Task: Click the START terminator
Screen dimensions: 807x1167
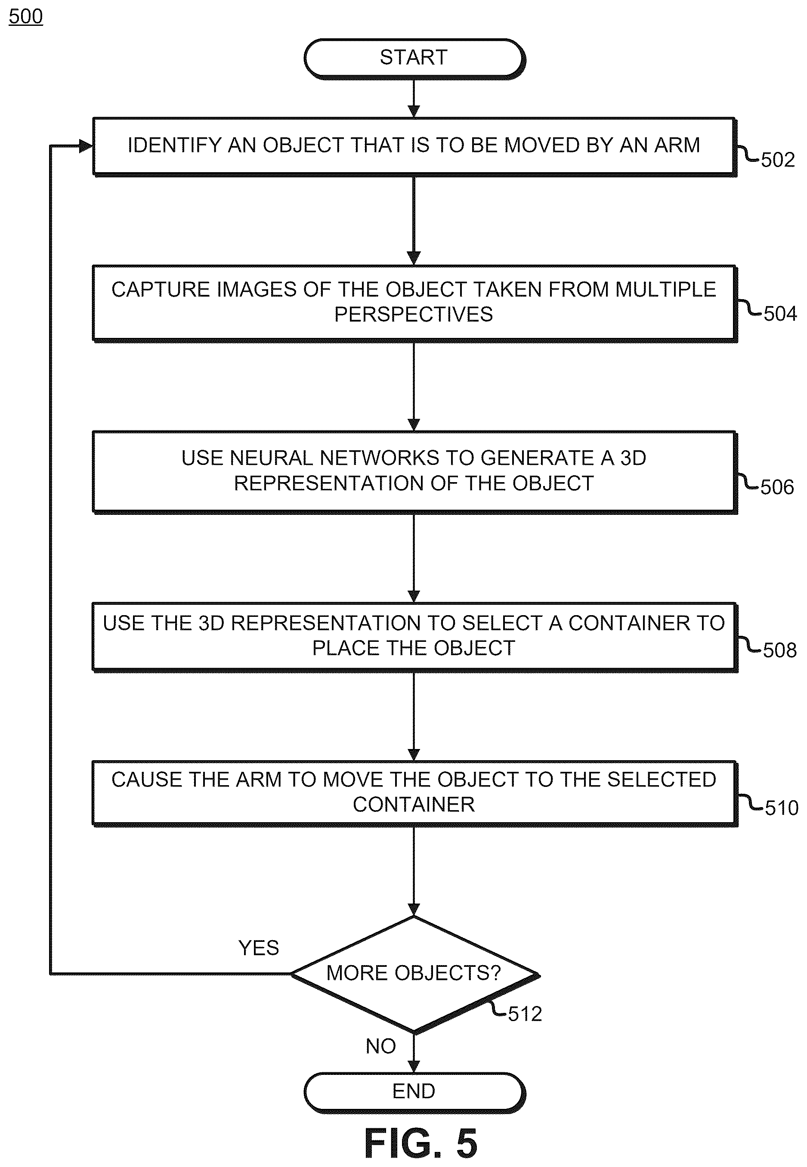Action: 414,58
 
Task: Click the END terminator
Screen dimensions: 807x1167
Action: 414,1092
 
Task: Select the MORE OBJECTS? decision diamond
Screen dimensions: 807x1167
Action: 414,974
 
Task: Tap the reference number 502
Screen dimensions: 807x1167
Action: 778,160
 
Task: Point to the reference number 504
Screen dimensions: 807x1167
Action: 780,314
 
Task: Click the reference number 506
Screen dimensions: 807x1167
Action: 777,487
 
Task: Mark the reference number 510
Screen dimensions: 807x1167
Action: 782,808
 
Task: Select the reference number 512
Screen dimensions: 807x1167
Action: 525,1014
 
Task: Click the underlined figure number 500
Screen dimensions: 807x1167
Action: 26,17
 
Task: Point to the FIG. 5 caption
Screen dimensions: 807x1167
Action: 421,1143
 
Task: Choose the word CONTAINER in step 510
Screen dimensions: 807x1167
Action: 414,805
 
